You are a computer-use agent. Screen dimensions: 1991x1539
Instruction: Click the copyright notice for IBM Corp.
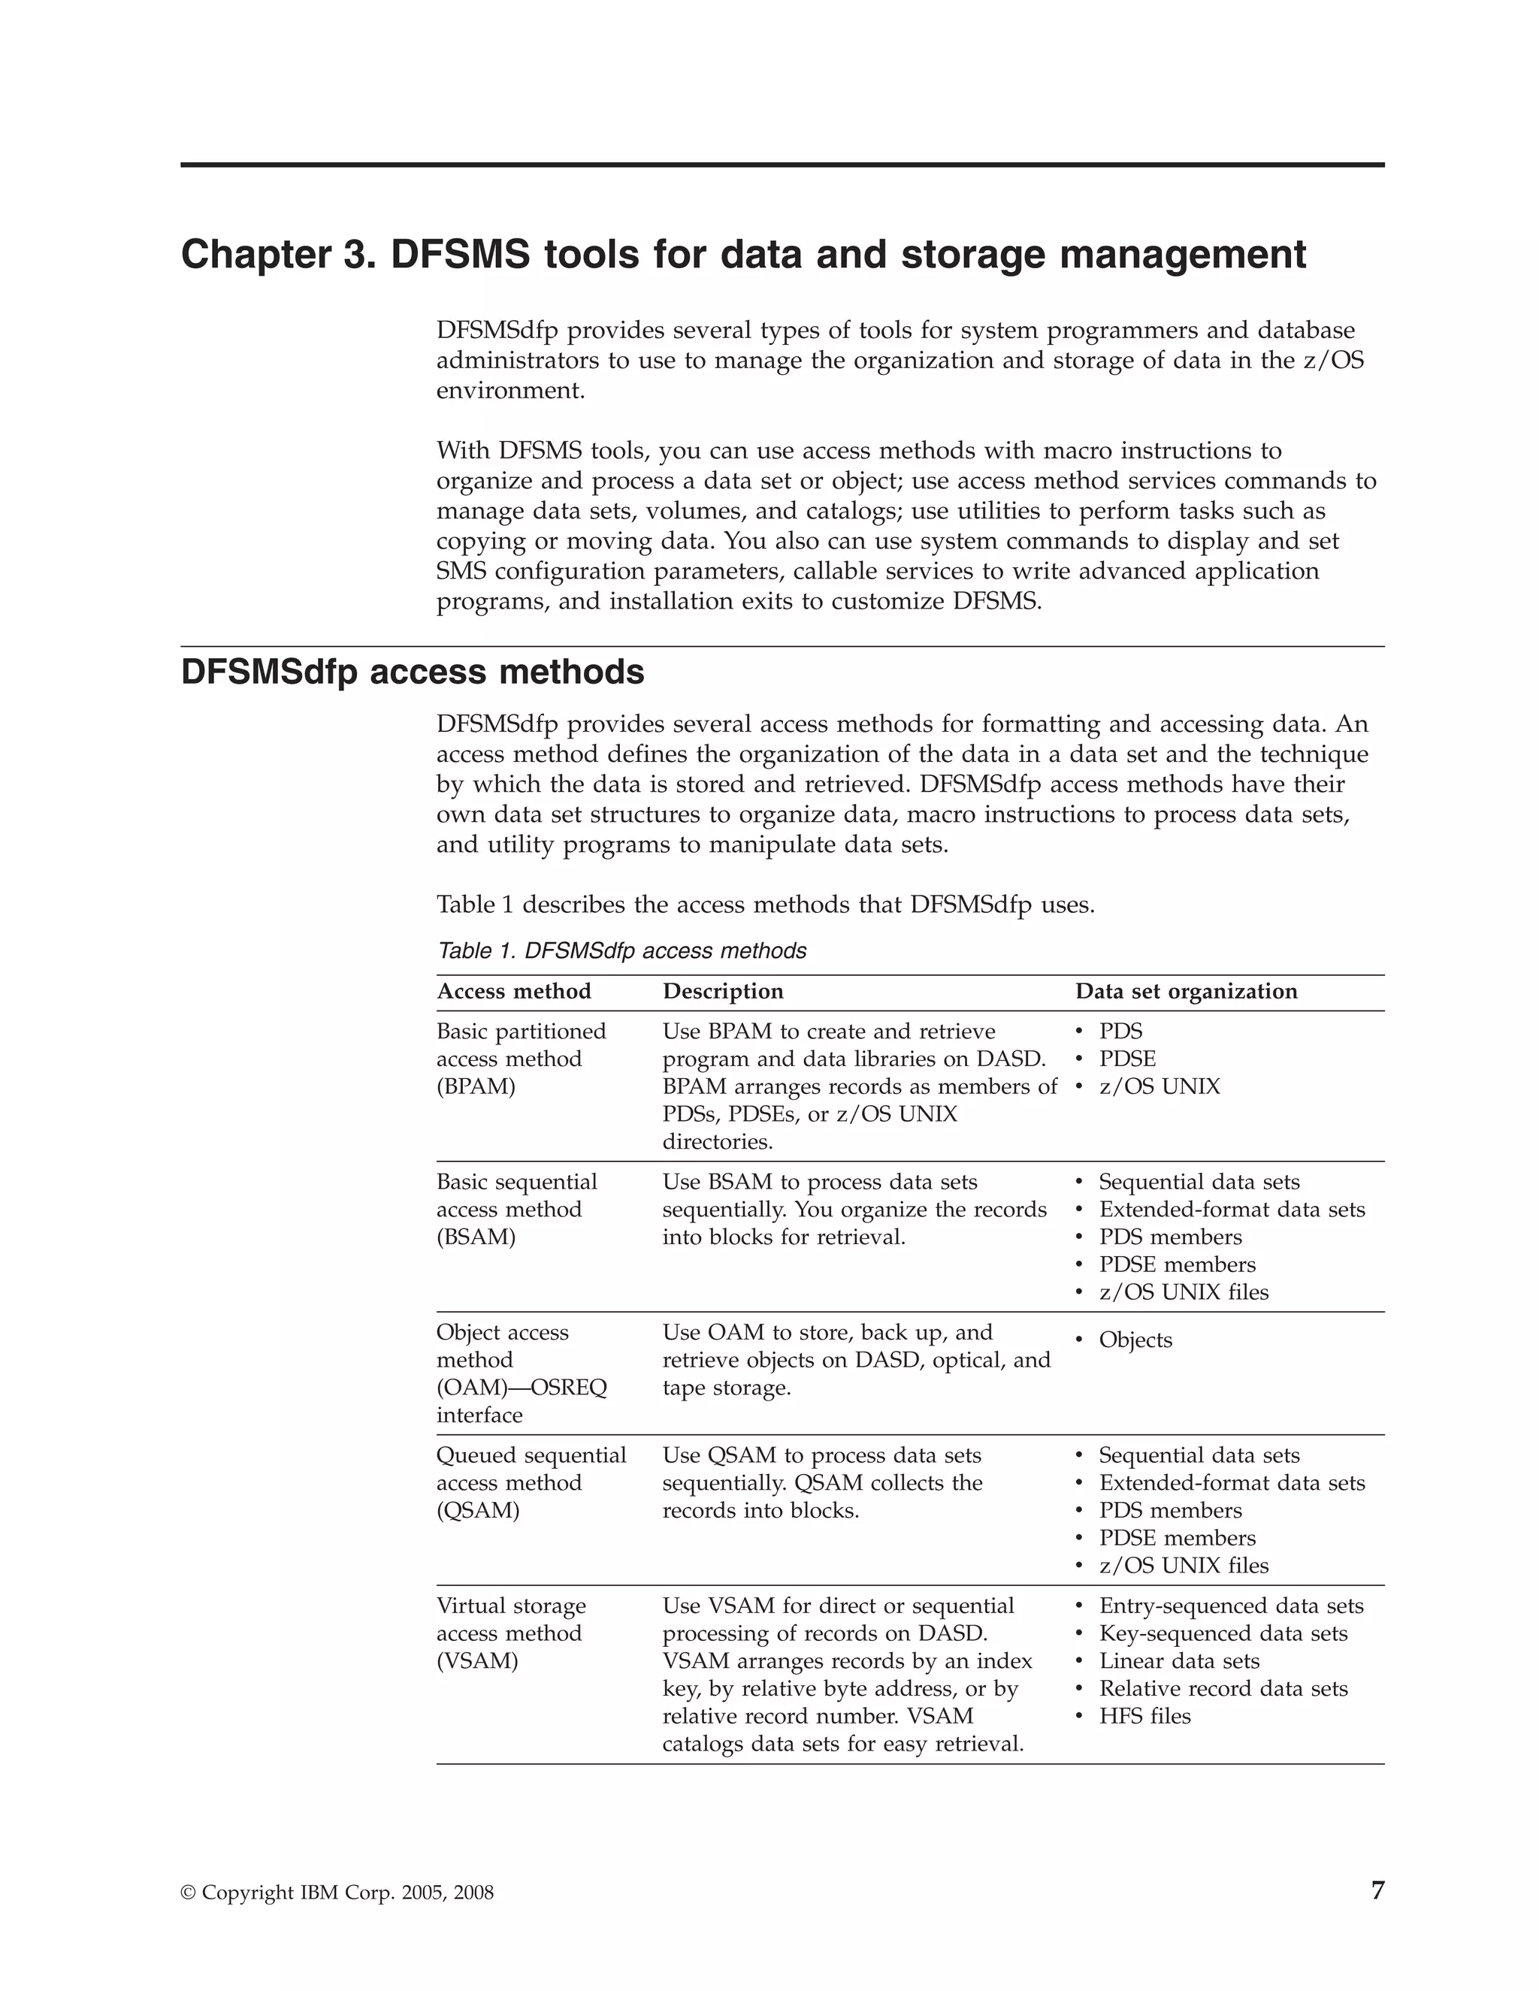coord(337,1893)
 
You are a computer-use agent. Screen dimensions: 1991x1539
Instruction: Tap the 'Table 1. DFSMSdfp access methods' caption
coord(621,951)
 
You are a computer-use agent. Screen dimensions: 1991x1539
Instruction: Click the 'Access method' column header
coord(513,991)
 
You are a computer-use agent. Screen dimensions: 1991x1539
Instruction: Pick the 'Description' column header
coord(723,991)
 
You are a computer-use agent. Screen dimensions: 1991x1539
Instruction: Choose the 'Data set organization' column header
coord(1186,991)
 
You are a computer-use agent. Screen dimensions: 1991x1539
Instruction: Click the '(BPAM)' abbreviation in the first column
coord(476,1086)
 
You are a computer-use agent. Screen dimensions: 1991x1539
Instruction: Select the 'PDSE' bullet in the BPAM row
coord(1127,1059)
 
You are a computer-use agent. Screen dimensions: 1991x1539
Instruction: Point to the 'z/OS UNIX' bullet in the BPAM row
coord(1159,1086)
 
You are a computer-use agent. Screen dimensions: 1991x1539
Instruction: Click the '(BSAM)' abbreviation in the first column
coord(476,1237)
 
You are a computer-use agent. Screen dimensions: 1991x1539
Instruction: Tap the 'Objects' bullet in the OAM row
coord(1135,1340)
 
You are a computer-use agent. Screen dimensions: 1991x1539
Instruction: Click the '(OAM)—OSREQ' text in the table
coord(522,1388)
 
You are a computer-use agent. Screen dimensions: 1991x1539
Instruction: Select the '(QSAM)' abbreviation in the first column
coord(478,1511)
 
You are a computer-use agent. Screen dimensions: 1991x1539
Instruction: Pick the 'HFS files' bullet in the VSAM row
coord(1144,1717)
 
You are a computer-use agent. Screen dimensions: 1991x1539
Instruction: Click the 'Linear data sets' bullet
coord(1179,1661)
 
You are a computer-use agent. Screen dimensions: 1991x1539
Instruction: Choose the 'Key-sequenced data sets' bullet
coord(1223,1633)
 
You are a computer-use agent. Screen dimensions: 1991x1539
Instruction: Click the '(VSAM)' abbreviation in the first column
coord(477,1661)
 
